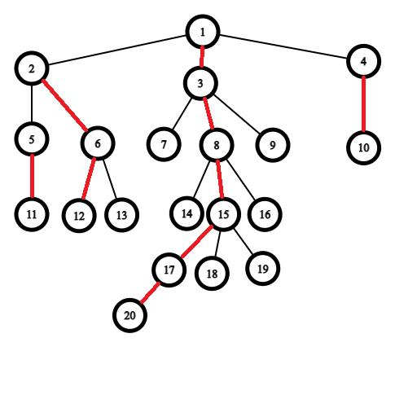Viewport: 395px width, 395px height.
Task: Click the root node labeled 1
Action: tap(203, 32)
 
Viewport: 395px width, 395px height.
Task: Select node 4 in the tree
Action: tap(363, 61)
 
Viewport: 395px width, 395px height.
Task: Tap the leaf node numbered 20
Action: tap(129, 315)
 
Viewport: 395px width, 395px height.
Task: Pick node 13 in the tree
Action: tap(121, 215)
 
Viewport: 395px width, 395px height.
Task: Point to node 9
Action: tap(273, 145)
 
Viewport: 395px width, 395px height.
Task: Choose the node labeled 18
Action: tap(212, 274)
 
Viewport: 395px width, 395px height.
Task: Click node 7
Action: tap(164, 144)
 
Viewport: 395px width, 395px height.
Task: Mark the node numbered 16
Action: tap(265, 214)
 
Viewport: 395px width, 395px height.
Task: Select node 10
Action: tap(363, 147)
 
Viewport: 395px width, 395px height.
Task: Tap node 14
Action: tap(187, 213)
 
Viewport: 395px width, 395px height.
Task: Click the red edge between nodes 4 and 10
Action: tap(363, 104)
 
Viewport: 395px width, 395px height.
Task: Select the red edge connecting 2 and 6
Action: tap(64, 106)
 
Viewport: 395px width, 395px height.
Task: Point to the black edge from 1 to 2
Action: tap(116, 50)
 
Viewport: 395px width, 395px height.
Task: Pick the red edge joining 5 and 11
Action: tap(32, 177)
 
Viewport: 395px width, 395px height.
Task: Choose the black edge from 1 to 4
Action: tap(283, 46)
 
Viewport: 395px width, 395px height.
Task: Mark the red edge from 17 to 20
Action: tap(150, 292)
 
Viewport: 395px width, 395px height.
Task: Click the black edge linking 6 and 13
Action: tap(110, 179)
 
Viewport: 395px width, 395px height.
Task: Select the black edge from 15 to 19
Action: tap(244, 243)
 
